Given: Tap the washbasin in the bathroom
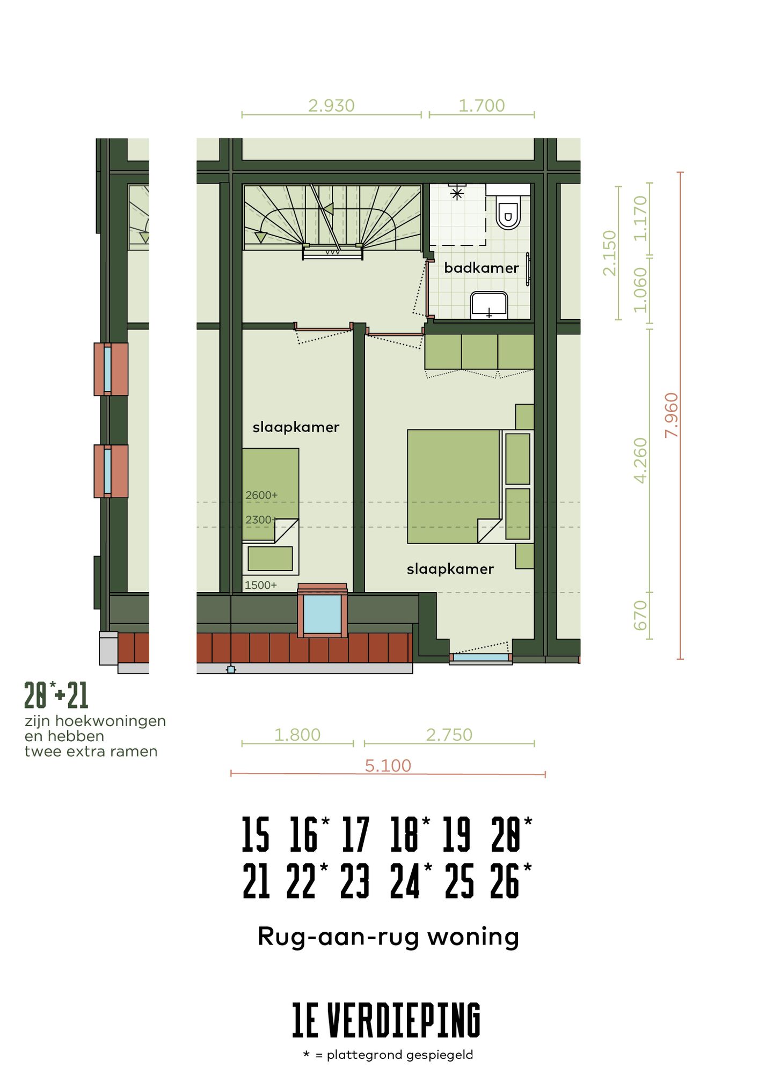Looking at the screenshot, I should point(488,305).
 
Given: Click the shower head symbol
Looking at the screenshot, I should point(457,193).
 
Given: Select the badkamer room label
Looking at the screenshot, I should point(481,268).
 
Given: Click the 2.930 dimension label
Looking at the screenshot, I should point(331,106).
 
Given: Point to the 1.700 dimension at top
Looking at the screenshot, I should point(482,106).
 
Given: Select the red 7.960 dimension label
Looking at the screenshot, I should point(672,415).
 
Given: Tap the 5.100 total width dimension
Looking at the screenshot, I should point(388,765).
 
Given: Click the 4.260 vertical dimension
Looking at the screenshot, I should point(640,460).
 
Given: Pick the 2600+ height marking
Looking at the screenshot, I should point(261,495).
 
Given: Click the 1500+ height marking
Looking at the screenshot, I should point(261,585).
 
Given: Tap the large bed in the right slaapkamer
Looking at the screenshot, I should point(454,486).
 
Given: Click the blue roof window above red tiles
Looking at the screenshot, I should point(322,614).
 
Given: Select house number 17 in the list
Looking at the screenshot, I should point(356,835).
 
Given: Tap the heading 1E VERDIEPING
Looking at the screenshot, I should point(386,1020).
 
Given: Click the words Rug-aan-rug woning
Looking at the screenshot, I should point(388,937).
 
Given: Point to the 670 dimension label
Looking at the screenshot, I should point(640,616).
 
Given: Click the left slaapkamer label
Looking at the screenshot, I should point(296,427).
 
